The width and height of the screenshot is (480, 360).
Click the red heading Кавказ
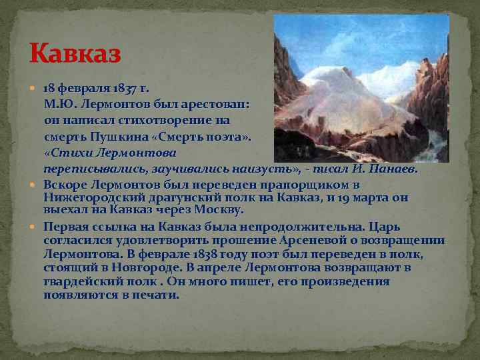click(x=75, y=53)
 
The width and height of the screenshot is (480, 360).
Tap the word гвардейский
click(x=79, y=281)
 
